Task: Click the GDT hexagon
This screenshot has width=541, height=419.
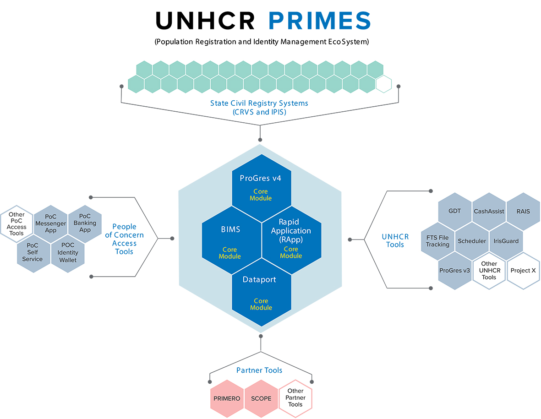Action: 455,212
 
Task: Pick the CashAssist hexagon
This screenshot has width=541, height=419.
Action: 489,212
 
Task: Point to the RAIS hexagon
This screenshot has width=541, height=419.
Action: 523,212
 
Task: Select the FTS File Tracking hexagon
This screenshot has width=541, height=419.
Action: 437,241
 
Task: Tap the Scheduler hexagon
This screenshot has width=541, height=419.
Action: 472,241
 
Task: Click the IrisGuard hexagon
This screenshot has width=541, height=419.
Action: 506,241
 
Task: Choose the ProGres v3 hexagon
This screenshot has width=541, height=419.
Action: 455,271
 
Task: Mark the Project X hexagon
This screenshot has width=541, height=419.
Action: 523,271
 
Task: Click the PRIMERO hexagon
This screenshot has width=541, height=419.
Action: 227,398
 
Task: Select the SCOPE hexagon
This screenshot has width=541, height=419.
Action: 261,398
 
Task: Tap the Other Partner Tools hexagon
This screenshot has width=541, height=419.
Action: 295,398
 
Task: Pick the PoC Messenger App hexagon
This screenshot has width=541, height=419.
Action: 51,223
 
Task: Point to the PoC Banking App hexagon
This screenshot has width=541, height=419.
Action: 85,223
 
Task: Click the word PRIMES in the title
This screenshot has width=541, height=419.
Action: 319,21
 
